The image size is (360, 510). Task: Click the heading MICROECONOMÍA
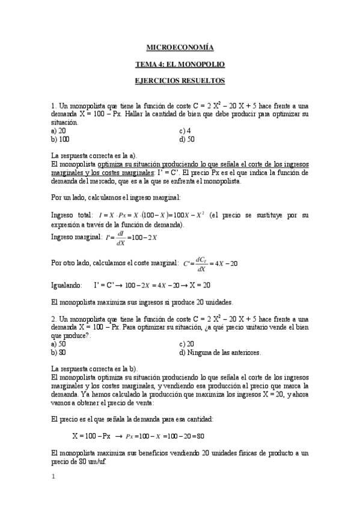(180, 47)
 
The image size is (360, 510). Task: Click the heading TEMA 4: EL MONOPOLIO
(180, 63)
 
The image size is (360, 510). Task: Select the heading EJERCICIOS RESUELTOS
(180, 79)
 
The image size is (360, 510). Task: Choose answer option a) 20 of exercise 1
(59, 131)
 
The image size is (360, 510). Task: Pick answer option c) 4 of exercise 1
(185, 131)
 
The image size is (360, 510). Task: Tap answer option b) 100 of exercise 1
(61, 139)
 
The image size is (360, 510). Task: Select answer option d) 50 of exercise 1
(186, 139)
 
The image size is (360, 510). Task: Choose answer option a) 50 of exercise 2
(59, 344)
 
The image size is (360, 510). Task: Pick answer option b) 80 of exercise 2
(59, 352)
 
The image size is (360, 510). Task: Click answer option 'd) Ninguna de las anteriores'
(220, 352)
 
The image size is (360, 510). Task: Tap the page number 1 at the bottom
(53, 478)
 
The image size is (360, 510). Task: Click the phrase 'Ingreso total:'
(72, 215)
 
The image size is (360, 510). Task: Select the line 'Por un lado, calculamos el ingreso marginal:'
(116, 197)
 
